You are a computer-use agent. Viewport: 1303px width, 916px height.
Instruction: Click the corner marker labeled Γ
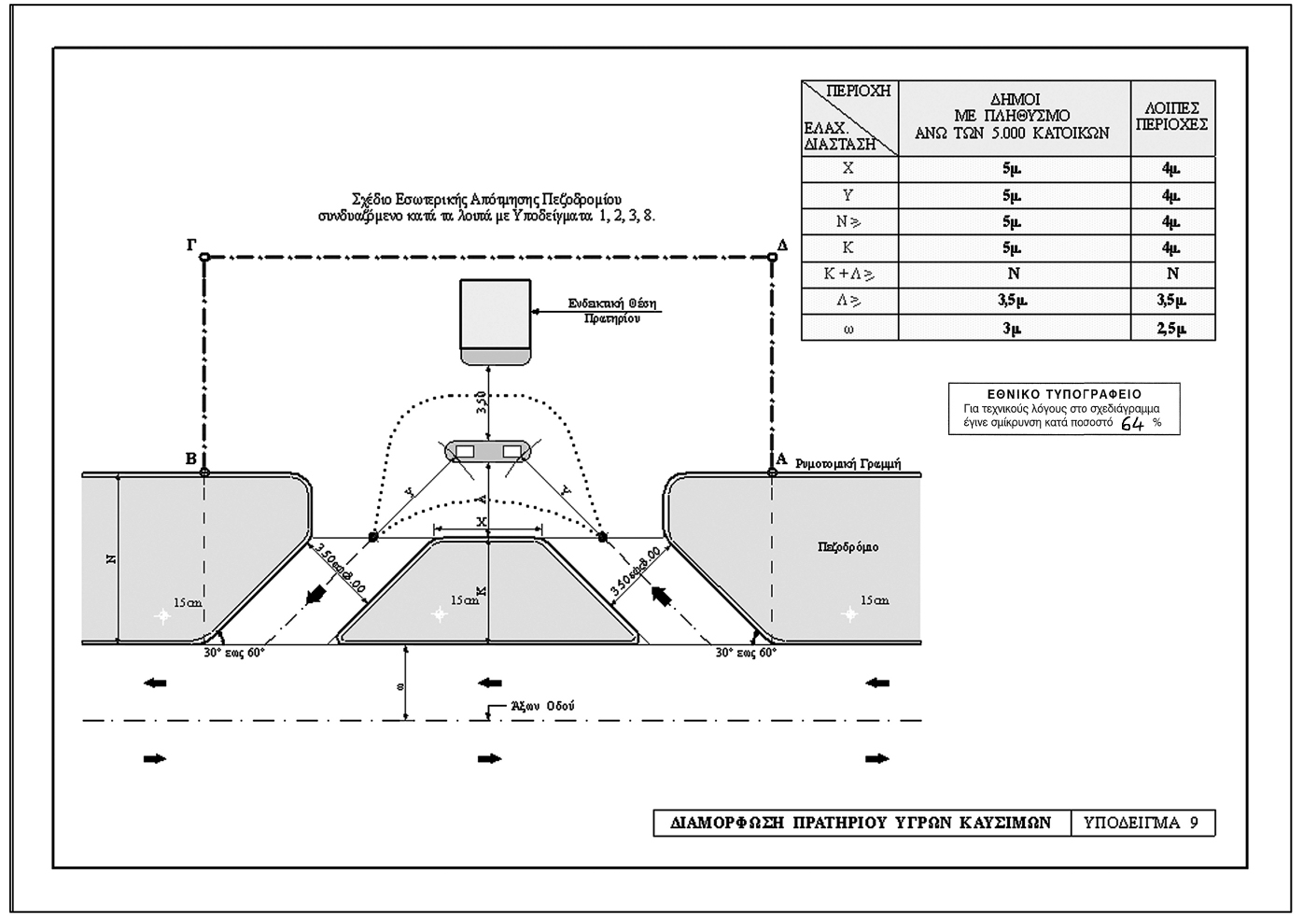click(204, 257)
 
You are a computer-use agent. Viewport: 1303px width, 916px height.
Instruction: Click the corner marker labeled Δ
click(772, 257)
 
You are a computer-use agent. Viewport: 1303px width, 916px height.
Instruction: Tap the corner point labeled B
click(204, 472)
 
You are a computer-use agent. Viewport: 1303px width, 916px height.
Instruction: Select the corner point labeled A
click(772, 472)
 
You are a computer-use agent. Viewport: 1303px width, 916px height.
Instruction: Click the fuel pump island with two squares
click(487, 451)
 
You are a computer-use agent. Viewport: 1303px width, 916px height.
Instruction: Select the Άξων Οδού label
click(542, 707)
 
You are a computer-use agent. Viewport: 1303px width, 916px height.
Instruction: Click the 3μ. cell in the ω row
click(1013, 328)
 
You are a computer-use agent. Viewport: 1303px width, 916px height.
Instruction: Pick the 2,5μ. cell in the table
click(1172, 328)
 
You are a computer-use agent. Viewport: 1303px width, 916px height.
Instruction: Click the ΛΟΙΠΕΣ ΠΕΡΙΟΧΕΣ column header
click(1172, 116)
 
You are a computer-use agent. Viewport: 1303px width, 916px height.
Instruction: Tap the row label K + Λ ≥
click(848, 275)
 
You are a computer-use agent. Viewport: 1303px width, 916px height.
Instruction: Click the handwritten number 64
click(1132, 423)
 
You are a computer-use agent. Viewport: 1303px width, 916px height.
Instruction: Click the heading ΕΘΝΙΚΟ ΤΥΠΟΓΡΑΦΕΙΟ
click(1064, 394)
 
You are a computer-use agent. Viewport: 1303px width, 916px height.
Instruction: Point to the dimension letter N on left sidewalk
click(110, 558)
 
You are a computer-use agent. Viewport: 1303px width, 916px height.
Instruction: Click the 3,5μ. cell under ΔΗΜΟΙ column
click(1013, 301)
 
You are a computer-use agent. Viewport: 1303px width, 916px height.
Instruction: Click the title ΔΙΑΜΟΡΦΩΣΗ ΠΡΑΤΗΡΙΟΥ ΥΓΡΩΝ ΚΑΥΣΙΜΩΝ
click(861, 823)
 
